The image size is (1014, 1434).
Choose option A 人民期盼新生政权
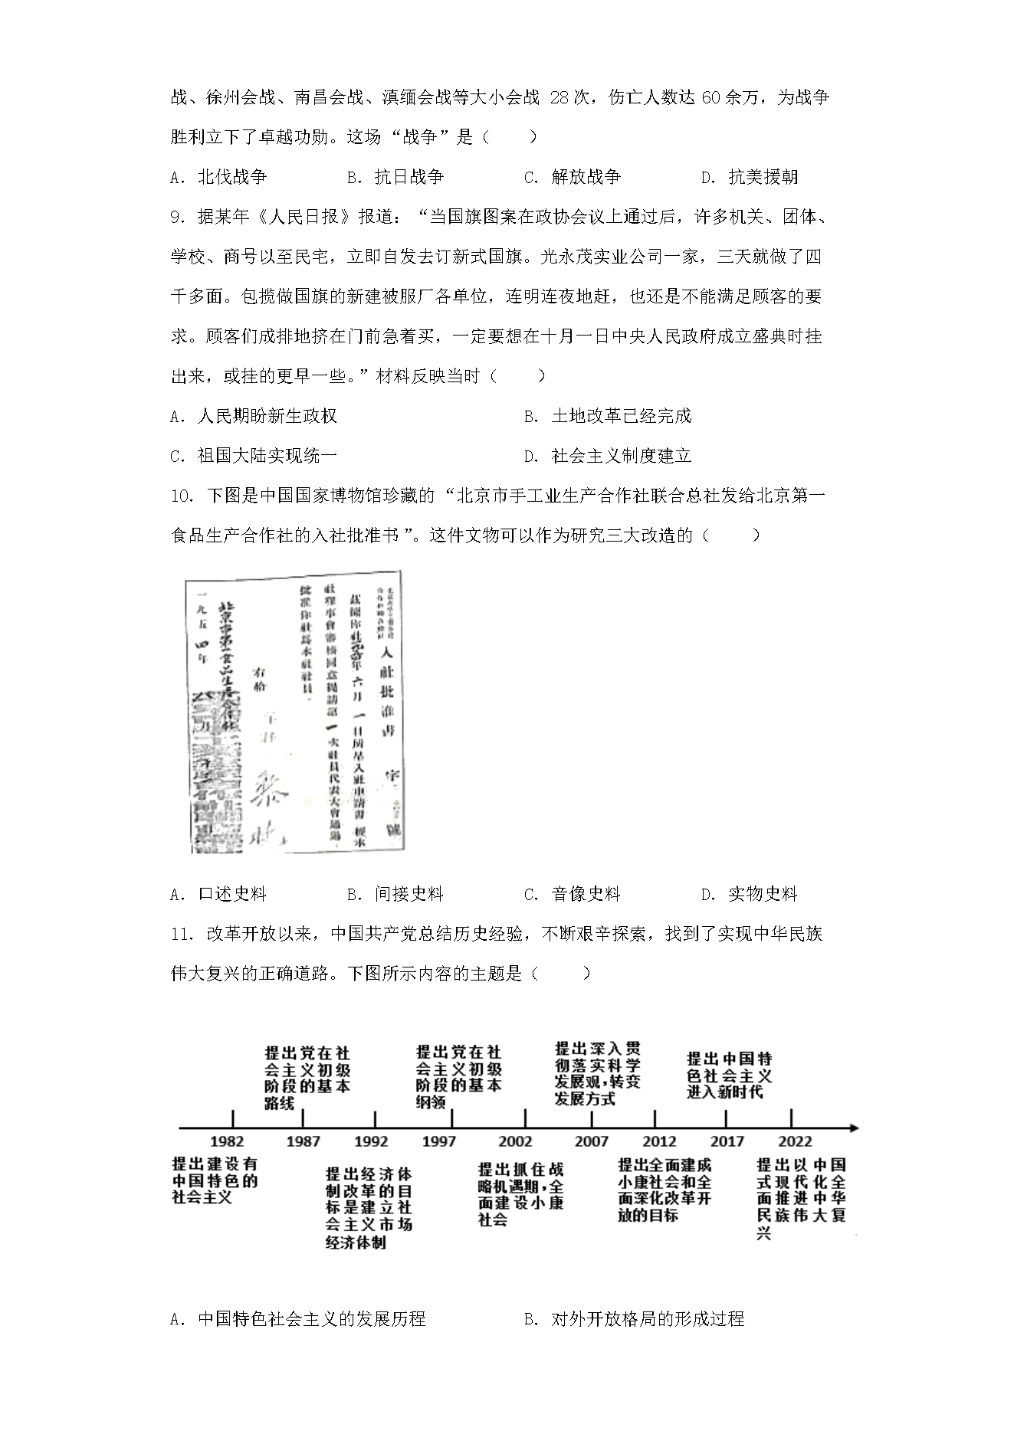[254, 416]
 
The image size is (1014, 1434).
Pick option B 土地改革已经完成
[608, 416]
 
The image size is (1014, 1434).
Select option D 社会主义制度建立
[608, 456]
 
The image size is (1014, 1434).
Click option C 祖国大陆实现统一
[254, 456]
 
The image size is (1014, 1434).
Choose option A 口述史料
[218, 894]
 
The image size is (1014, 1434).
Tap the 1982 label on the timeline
[227, 1141]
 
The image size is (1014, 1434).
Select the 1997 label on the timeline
[439, 1141]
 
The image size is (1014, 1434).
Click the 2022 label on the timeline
[795, 1141]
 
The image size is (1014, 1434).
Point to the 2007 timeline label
[592, 1141]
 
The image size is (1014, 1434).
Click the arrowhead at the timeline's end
[854, 1128]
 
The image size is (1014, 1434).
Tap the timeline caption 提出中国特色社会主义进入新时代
[729, 1075]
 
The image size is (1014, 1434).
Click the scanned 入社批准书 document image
[294, 712]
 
